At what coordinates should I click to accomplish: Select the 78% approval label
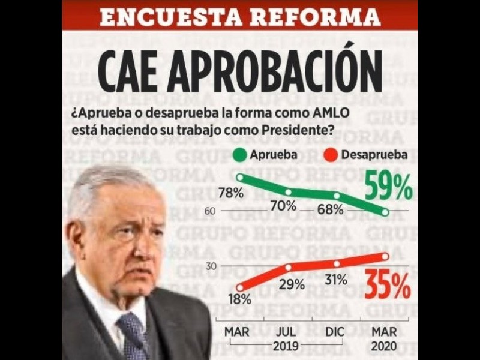(x=231, y=193)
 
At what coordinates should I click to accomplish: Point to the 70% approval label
(x=283, y=206)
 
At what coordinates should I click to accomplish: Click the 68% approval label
(x=331, y=209)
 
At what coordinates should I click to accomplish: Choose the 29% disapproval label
(x=292, y=284)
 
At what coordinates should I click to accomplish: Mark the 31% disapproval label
(x=336, y=279)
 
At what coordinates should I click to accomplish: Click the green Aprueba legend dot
(x=239, y=155)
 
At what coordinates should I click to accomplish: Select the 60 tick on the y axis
(x=210, y=211)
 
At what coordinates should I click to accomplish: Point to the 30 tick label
(x=211, y=265)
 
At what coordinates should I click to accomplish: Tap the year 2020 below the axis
(x=384, y=346)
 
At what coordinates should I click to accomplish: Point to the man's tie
(x=133, y=336)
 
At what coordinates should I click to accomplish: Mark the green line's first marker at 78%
(x=241, y=177)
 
